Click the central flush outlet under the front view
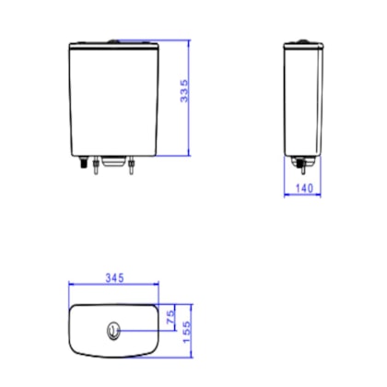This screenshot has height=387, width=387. [113, 161]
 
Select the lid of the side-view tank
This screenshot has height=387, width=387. [303, 46]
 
